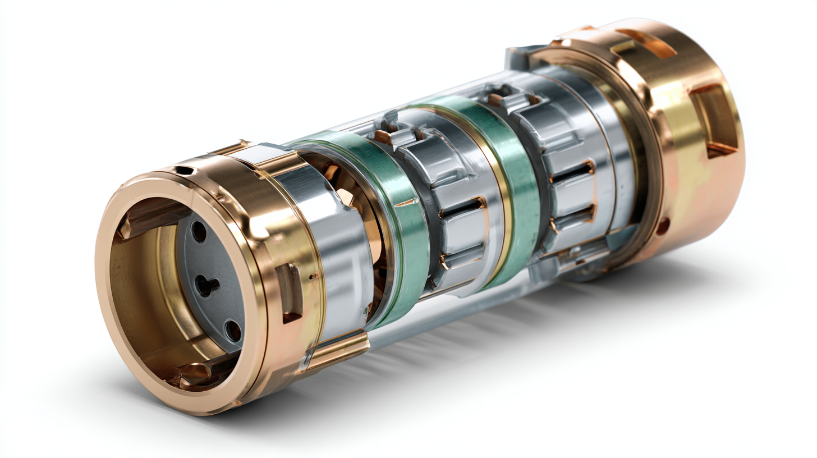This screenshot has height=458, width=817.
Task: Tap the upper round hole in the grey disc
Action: point(198,231)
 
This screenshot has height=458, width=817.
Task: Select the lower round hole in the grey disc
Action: point(232,330)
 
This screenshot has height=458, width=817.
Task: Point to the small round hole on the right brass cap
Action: point(663,227)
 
